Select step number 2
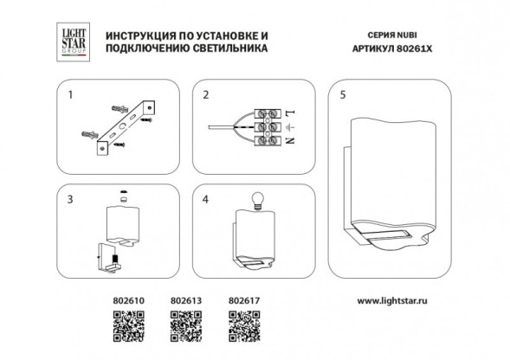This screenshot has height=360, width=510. [x=205, y=93]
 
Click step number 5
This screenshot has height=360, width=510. [x=343, y=93]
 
